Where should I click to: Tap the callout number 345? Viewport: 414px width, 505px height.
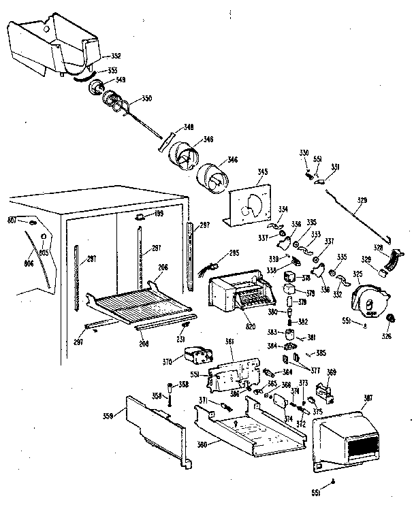click(x=242, y=173)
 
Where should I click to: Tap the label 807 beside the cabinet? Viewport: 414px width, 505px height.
click(x=12, y=220)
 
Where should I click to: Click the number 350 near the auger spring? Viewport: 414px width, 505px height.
click(x=146, y=99)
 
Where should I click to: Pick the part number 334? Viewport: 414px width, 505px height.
click(x=283, y=208)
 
